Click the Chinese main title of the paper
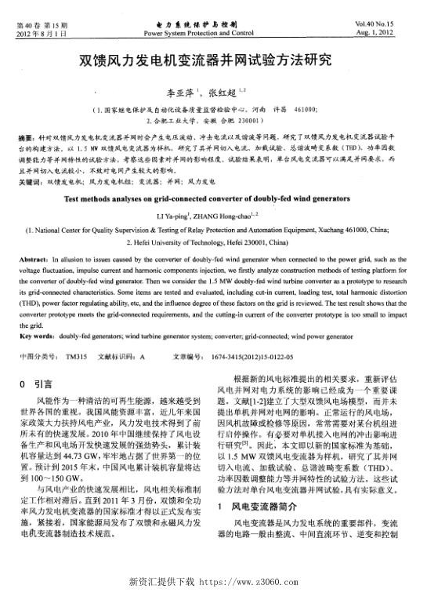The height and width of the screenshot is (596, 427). click(213, 59)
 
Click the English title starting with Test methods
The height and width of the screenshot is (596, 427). click(214, 198)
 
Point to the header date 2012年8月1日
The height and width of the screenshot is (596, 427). click(38, 34)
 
